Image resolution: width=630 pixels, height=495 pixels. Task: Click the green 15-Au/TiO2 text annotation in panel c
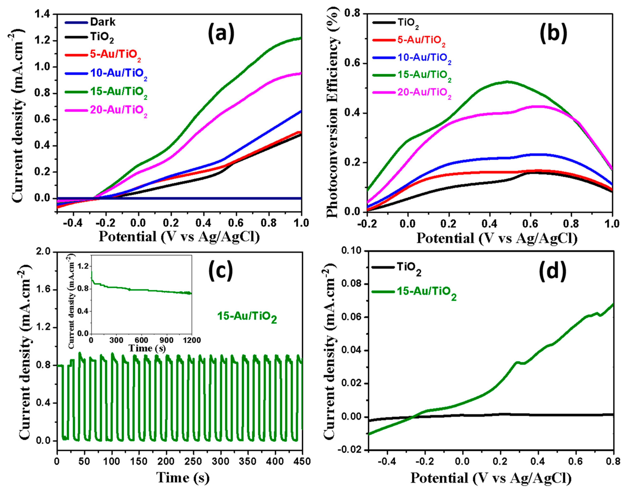(x=247, y=317)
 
